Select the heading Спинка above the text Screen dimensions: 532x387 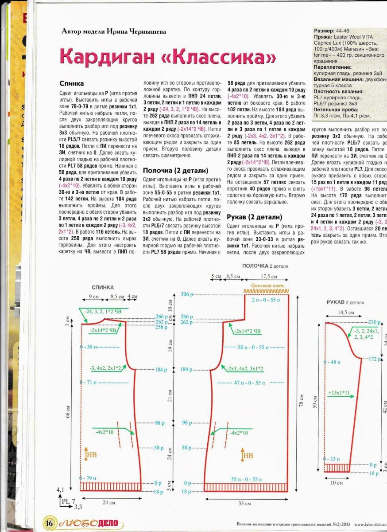click(x=71, y=83)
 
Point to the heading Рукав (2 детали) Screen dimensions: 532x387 click(x=254, y=217)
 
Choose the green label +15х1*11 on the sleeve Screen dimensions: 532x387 click(x=339, y=393)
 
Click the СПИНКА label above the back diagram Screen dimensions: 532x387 click(x=103, y=287)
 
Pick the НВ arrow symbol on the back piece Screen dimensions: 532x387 click(x=90, y=455)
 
